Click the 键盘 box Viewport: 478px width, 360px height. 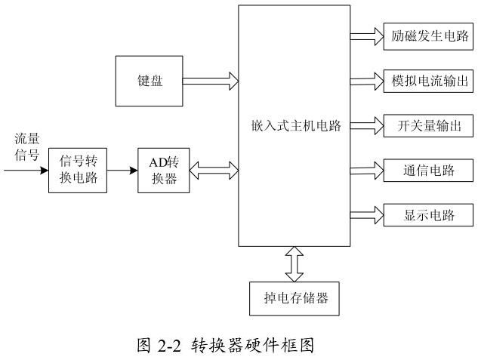(146, 80)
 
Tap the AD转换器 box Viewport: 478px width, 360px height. (164, 171)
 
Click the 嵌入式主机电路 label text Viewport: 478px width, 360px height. (293, 126)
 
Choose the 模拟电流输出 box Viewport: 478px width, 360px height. (419, 80)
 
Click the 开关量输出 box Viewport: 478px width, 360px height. (419, 125)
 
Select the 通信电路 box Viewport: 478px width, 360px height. (419, 170)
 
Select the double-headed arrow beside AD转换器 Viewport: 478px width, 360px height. (214, 171)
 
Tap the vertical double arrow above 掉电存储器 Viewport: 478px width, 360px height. (294, 263)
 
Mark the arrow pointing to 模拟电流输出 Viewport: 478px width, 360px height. (367, 80)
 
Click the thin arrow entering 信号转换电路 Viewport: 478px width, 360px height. (26, 171)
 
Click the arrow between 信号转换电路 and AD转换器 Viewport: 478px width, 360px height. (121, 171)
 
